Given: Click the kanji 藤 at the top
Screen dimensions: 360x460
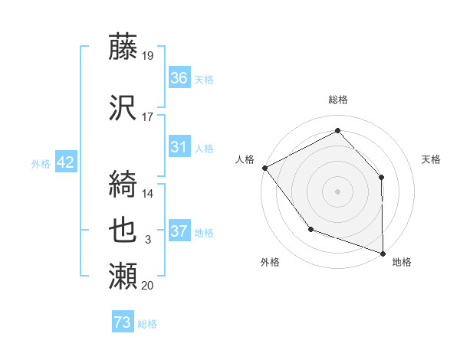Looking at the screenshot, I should pyautogui.click(x=123, y=48).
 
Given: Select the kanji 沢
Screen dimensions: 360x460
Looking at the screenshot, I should pyautogui.click(x=123, y=108).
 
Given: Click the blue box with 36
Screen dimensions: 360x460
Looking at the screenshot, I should pyautogui.click(x=179, y=78).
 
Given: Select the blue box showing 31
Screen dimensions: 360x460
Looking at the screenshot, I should pyautogui.click(x=179, y=147).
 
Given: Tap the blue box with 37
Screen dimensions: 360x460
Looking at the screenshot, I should pyautogui.click(x=179, y=232).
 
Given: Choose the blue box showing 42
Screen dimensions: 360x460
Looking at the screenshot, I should pyautogui.click(x=64, y=162).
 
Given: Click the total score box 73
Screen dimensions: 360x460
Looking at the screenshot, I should pyautogui.click(x=123, y=322).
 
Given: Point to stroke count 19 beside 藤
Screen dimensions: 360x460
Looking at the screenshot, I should pyautogui.click(x=148, y=55).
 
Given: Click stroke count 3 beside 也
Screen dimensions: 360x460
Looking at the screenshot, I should pyautogui.click(x=148, y=241).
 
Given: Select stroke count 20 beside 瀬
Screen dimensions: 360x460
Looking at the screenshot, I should pyautogui.click(x=148, y=285).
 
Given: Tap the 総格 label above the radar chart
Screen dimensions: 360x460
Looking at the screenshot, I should pyautogui.click(x=337, y=100).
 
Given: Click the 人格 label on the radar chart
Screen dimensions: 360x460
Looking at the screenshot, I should pyautogui.click(x=245, y=159).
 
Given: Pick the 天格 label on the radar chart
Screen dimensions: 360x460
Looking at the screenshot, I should pyautogui.click(x=431, y=159).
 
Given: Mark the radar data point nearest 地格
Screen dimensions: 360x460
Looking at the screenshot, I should pyautogui.click(x=383, y=253).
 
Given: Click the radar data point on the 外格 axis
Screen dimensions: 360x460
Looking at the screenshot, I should pyautogui.click(x=310, y=228).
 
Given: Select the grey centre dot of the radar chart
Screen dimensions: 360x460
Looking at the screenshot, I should pyautogui.click(x=337, y=191).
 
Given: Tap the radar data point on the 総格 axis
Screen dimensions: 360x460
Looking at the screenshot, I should pyautogui.click(x=337, y=131).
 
